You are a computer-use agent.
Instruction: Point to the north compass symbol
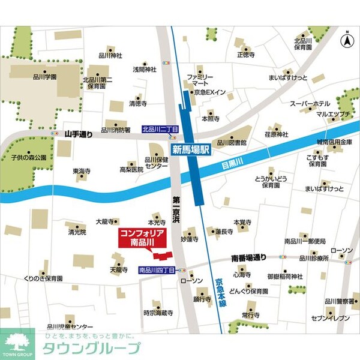[x=346, y=41]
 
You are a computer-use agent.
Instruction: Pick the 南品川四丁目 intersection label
[x=157, y=271]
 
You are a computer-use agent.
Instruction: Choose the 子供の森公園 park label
[x=28, y=157]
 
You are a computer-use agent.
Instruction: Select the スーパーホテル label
[x=311, y=104]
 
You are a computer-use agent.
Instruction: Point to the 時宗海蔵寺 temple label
[x=158, y=313]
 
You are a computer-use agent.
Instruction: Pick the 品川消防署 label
[x=116, y=129]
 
